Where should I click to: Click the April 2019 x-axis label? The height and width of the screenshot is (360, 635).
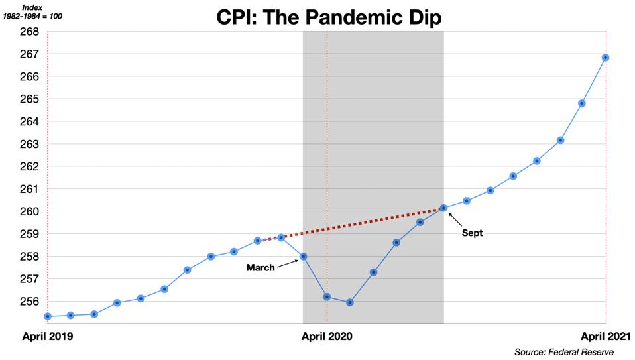[48, 336]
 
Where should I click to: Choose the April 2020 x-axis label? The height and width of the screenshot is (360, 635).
[327, 336]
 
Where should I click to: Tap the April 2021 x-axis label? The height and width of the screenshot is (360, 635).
[605, 336]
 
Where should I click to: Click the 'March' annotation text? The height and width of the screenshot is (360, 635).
[260, 268]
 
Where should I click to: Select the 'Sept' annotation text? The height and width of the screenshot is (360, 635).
[472, 233]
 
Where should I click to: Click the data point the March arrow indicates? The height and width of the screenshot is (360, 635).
[304, 256]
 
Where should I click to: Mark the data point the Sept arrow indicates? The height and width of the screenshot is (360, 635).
[443, 208]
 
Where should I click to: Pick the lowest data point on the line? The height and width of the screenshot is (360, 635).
[350, 302]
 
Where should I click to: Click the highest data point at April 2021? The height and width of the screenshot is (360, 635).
[606, 58]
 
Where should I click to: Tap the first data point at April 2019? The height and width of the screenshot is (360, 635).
[48, 316]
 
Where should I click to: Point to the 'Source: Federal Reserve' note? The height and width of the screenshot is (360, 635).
[563, 352]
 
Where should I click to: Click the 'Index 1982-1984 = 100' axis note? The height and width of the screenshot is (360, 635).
[33, 11]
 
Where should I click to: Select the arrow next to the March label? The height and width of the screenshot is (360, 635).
[287, 263]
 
